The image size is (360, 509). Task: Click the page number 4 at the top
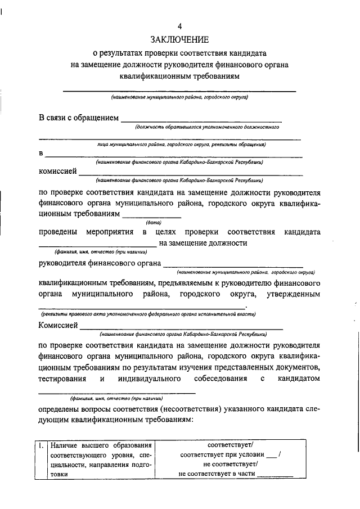tap(179, 26)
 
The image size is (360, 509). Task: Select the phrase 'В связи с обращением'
tap(79, 118)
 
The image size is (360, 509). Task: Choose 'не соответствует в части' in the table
tap(216, 474)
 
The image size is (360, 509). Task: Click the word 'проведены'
tap(58, 232)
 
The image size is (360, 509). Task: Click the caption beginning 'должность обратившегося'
tap(207, 127)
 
